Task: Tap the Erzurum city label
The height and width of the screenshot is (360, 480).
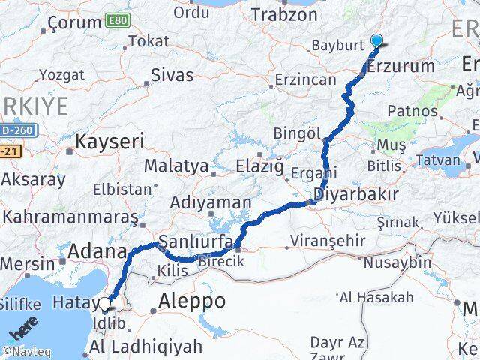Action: click(x=401, y=67)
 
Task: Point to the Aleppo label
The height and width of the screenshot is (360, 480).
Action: click(x=192, y=301)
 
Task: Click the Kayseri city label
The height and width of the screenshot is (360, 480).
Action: click(x=109, y=141)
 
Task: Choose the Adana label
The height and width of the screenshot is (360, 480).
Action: click(x=97, y=252)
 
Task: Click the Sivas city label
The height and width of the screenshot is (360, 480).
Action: click(x=172, y=76)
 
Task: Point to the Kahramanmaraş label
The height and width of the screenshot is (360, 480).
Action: click(x=70, y=217)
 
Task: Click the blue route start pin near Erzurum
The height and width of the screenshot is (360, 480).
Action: click(x=376, y=43)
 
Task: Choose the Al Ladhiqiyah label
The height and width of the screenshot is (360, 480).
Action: click(x=145, y=346)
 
